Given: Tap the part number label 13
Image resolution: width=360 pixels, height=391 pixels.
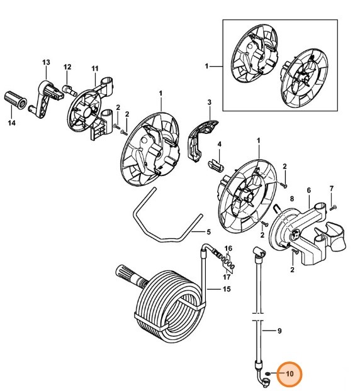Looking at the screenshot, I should [45, 62].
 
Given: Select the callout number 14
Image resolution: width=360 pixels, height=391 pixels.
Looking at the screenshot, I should [11, 123].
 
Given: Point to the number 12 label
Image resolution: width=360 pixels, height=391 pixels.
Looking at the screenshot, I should [67, 67].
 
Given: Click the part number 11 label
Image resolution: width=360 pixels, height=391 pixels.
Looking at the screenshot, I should [95, 68].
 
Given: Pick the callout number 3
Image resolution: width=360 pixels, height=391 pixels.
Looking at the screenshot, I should [210, 102].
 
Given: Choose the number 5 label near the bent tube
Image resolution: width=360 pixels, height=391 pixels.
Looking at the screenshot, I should [209, 231].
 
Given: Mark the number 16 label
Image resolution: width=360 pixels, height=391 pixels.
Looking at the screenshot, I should [228, 248].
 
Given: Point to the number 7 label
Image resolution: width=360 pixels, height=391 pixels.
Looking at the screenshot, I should [332, 189].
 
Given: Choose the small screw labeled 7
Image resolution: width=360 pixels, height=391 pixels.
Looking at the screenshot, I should [333, 207].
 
